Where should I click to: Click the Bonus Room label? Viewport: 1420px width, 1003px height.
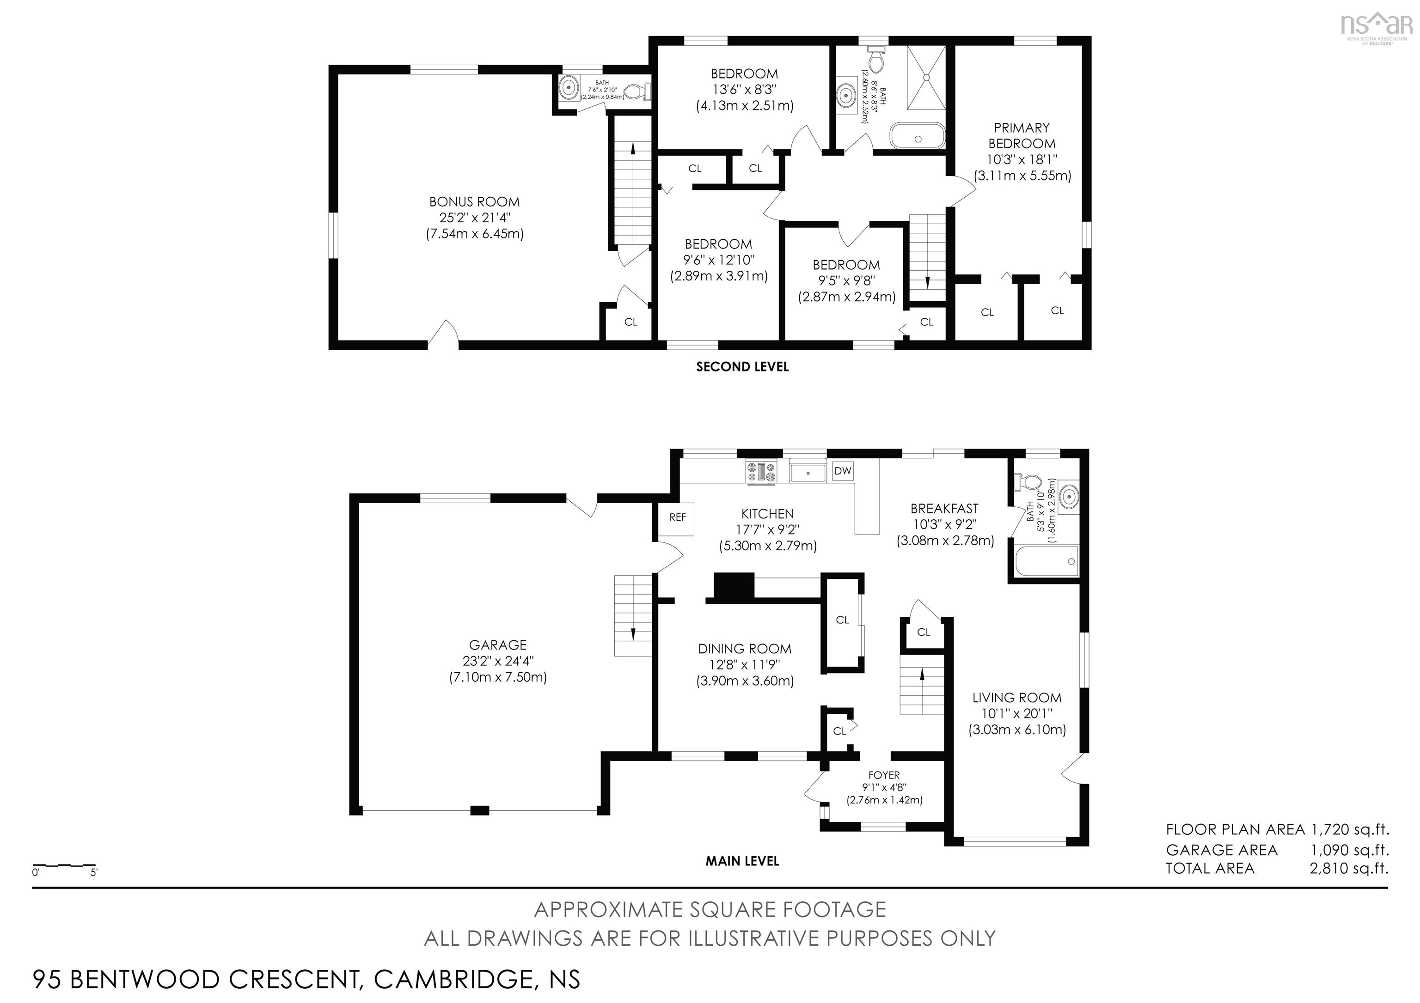[474, 202]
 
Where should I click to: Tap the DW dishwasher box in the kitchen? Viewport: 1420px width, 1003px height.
[842, 471]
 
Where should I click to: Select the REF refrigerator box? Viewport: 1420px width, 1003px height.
[678, 517]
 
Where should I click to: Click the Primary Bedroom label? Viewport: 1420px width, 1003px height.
[1022, 135]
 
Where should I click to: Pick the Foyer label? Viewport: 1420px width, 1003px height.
[884, 775]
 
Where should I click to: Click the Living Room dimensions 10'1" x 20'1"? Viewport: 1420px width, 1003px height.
[1017, 714]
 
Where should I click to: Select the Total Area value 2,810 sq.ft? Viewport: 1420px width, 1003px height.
[1349, 868]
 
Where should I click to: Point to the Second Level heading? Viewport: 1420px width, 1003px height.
[742, 366]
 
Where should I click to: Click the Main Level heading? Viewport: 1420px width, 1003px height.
[742, 861]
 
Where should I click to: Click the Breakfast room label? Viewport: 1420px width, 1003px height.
[944, 509]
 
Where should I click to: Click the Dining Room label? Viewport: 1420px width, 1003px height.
[745, 649]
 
